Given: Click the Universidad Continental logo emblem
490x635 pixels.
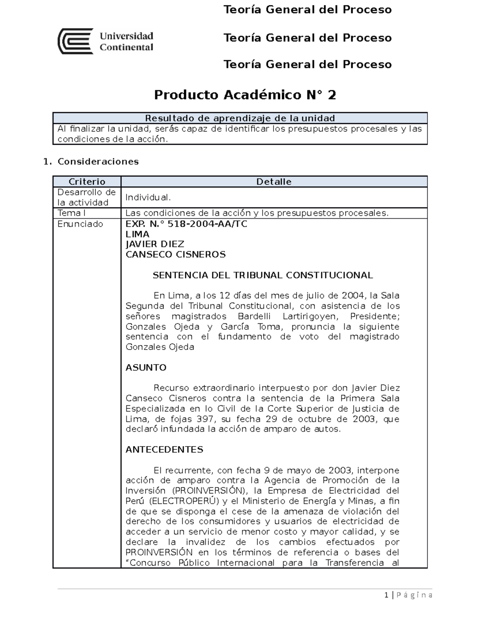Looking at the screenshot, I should tap(76, 41).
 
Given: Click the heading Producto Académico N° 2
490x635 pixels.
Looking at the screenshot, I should tap(245, 95).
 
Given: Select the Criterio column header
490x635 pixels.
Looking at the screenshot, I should tap(87, 182).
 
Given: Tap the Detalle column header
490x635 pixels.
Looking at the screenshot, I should tap(274, 182).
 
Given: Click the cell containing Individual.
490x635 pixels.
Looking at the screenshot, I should tap(148, 197).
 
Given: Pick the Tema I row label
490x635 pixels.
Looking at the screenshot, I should tap(71, 213).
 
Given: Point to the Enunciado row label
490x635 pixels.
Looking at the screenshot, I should tap(80, 224).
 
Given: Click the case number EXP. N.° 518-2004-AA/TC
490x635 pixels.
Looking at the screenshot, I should tap(186, 224).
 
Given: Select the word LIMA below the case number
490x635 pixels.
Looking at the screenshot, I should tap(137, 234).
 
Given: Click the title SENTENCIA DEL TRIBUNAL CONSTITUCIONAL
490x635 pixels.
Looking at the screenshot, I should tap(263, 275).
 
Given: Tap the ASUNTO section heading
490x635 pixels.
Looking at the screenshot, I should tap(146, 368).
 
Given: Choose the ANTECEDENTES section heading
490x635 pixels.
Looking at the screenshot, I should tap(164, 450).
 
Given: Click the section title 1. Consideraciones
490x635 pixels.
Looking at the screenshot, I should tap(91, 162).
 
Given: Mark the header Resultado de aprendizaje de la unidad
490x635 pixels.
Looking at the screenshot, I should tap(240, 118).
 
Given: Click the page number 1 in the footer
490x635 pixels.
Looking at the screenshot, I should tap(386, 595).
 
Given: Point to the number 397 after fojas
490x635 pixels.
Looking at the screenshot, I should tap(205, 419).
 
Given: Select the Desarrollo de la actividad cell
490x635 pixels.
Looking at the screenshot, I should tap(87, 197).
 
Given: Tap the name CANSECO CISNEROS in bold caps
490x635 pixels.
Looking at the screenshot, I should tap(176, 254).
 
